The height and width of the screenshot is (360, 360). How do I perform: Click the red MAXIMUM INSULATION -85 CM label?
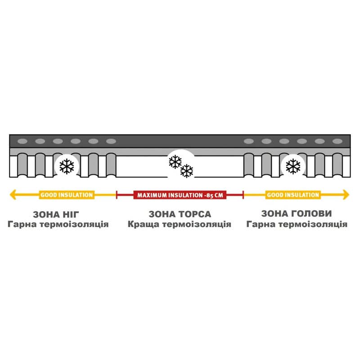pos(180,195)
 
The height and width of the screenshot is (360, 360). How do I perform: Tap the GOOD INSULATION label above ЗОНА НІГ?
pos(67,195)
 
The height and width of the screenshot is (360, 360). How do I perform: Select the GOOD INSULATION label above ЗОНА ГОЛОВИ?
pos(293,195)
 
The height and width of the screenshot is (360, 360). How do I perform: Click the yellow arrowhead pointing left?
pos(13,195)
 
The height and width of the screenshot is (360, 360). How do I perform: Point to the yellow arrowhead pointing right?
pos(346,195)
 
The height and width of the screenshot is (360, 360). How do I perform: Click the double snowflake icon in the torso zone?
pos(181,166)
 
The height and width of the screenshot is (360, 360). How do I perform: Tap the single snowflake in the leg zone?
pos(67,166)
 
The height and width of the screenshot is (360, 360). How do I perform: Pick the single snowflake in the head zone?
pos(293,166)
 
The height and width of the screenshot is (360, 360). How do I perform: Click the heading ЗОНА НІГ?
pos(56,215)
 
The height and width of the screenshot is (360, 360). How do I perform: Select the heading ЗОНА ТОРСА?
pos(180,214)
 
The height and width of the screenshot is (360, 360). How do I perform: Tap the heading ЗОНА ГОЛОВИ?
pos(297,214)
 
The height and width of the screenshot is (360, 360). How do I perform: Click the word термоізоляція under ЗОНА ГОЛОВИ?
pos(313,224)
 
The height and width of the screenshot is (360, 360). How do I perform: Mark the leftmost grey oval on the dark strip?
pos(22,141)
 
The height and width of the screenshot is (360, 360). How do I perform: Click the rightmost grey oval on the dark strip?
pos(337,141)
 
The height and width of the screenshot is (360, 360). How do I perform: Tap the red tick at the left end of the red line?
pos(117,195)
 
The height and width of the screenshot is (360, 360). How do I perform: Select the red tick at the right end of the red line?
pos(243,195)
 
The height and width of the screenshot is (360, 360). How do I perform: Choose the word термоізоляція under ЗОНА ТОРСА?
pos(197,224)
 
